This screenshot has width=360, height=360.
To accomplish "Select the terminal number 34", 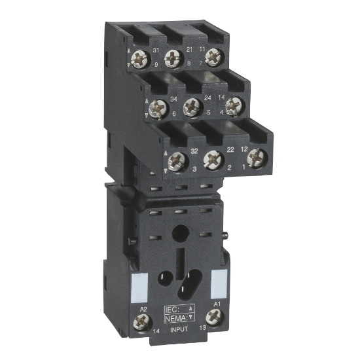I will [174, 99].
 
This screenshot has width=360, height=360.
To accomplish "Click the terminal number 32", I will [194, 151].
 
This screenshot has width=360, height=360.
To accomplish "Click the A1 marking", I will [217, 306].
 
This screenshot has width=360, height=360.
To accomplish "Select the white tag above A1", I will [218, 281].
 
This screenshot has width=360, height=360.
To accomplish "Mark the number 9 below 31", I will [156, 65].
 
